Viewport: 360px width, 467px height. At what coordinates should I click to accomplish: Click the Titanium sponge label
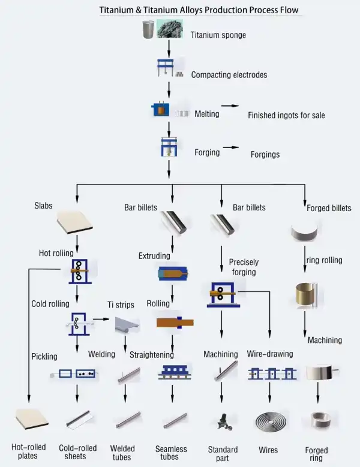(x=218, y=35)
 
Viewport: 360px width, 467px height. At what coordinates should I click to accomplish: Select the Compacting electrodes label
(x=229, y=76)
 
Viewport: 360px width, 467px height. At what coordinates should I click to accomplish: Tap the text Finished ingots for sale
(x=286, y=115)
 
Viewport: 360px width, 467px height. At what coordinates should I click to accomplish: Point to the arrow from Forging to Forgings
(x=230, y=147)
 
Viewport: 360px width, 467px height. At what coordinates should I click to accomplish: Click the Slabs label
(x=43, y=206)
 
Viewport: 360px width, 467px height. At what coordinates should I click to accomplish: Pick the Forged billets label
(x=329, y=209)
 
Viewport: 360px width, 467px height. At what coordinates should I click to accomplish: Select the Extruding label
(x=154, y=256)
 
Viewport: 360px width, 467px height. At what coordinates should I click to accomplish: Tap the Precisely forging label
(x=244, y=267)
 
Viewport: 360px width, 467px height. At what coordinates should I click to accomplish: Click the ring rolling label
(x=324, y=260)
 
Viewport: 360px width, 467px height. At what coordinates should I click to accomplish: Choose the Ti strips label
(x=121, y=305)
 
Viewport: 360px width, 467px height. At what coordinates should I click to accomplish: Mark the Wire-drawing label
(x=270, y=354)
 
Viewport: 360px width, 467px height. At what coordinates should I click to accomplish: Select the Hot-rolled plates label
(x=24, y=451)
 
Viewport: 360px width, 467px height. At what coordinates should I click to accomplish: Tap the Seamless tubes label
(x=171, y=453)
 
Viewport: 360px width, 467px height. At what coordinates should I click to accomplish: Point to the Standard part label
(x=223, y=454)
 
